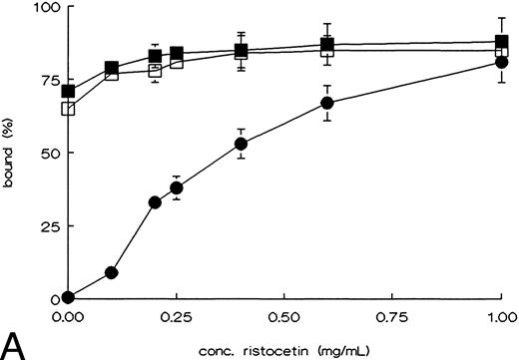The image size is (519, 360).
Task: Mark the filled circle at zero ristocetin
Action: (x=68, y=297)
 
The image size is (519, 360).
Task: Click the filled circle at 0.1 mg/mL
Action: (x=112, y=272)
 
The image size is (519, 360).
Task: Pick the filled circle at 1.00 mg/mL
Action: (x=501, y=62)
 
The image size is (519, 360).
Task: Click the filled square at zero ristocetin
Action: (x=68, y=92)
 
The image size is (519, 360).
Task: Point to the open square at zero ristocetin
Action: (x=68, y=109)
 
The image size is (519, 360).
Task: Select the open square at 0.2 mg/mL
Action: (x=155, y=71)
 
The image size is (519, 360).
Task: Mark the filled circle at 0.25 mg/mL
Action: (x=177, y=187)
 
